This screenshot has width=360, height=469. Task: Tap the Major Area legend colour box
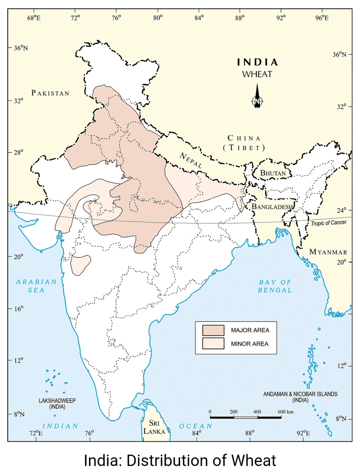coord(213,330)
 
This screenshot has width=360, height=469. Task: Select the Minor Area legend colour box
coord(213,343)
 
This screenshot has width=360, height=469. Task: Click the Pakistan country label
coord(50,93)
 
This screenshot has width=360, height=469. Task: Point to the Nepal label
coord(191,160)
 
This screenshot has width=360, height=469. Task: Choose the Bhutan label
coord(273,173)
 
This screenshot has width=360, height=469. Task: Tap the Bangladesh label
coord(272,207)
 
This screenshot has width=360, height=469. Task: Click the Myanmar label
coord(328,252)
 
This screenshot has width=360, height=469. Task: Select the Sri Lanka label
coord(154,427)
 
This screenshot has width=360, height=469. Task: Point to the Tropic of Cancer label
coord(328,223)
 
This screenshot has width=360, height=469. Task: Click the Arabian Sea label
coord(36,286)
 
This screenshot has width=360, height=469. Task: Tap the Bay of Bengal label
coord(275,286)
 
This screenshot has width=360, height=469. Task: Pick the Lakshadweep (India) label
coord(57,404)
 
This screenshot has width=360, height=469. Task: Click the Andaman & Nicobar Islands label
coord(300,397)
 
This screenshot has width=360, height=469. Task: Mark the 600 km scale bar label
coord(285,412)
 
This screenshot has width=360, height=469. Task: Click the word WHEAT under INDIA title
coord(257,74)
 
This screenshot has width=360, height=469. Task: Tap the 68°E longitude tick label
coord(34,18)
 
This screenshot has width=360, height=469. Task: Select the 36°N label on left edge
coord(21,48)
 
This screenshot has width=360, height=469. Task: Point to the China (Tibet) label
coord(244,143)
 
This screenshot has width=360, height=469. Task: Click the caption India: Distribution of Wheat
coord(180,460)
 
